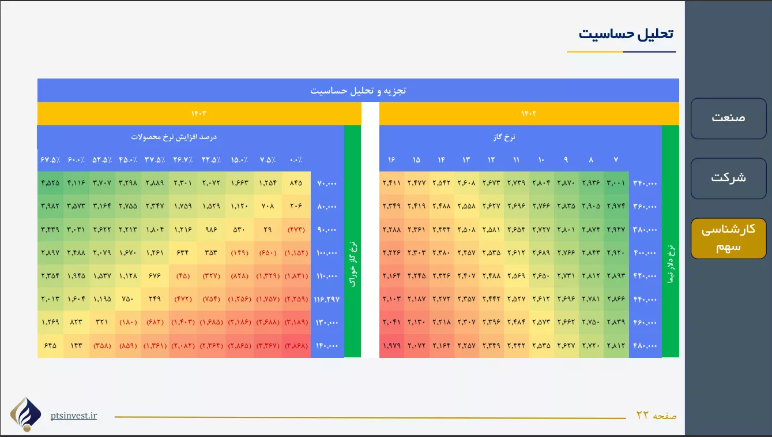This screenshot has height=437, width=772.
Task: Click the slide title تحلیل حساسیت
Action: click(626, 34)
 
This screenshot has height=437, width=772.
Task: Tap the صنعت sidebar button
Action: click(728, 118)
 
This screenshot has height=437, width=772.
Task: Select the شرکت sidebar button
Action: click(728, 178)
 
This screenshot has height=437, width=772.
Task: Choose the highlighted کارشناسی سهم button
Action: click(728, 238)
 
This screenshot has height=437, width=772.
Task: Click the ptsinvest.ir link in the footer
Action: click(74, 416)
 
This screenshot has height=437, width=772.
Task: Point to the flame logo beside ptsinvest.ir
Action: click(26, 414)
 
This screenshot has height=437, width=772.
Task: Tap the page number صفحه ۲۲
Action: click(656, 415)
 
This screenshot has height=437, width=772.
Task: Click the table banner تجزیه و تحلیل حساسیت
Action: click(358, 91)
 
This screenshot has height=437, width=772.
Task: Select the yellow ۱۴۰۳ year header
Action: click(199, 114)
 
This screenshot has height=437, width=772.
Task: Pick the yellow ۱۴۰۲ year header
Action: click(529, 114)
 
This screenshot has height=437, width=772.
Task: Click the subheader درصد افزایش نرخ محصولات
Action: click(174, 137)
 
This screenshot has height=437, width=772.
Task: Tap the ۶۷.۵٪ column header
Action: click(50, 160)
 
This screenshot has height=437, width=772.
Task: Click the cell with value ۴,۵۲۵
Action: click(50, 183)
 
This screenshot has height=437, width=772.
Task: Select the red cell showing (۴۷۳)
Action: click(296, 230)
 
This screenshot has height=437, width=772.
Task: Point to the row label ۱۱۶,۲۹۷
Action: click(327, 299)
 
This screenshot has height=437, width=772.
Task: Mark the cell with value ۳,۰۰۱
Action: click(616, 183)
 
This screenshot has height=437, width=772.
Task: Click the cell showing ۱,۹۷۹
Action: click(391, 346)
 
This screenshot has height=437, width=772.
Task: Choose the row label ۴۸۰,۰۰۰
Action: click(645, 346)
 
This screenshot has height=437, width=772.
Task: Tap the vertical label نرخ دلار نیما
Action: click(671, 264)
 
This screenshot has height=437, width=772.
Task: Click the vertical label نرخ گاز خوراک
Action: click(353, 264)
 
